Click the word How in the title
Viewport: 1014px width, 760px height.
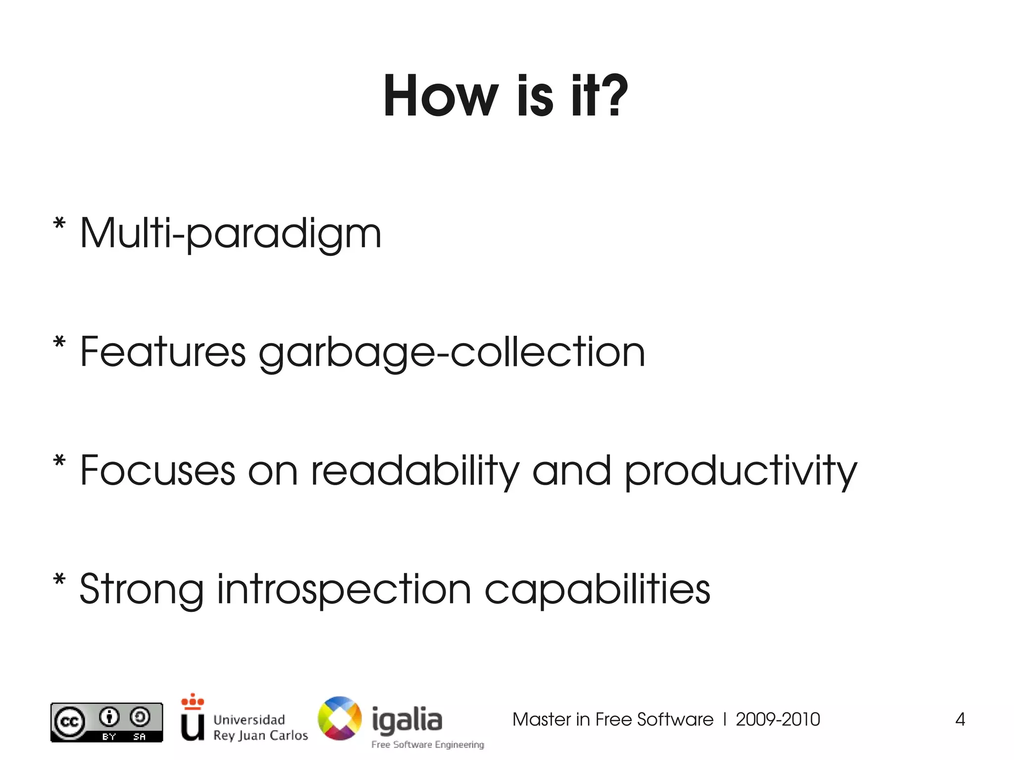click(x=441, y=96)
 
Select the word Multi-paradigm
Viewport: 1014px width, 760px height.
click(x=231, y=233)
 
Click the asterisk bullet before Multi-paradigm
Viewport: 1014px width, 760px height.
click(x=59, y=224)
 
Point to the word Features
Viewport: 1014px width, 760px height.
click(x=163, y=352)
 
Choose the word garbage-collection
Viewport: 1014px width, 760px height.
click(x=452, y=353)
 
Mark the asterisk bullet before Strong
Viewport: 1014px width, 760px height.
click(x=59, y=580)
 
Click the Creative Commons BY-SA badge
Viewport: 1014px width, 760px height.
click(x=106, y=722)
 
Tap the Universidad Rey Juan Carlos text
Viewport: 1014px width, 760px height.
click(x=260, y=727)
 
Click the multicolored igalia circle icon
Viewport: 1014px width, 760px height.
click(x=340, y=718)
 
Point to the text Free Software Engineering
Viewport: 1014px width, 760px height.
click(x=428, y=745)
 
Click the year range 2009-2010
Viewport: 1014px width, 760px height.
click(x=778, y=719)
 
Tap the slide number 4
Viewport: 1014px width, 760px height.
click(x=960, y=719)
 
